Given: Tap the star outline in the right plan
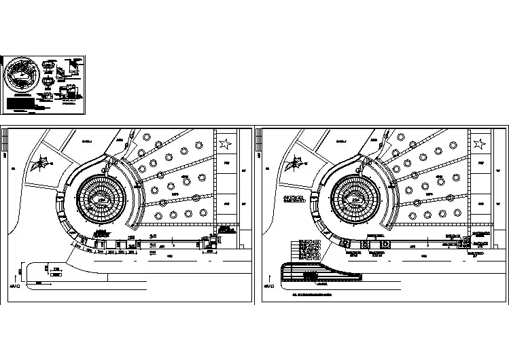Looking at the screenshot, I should (480, 144).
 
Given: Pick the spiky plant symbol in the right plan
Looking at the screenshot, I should (296, 163).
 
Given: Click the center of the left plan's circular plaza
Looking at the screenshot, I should (103, 200).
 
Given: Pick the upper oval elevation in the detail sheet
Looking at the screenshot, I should (50, 65).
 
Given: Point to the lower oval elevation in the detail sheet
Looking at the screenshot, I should (48, 82).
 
